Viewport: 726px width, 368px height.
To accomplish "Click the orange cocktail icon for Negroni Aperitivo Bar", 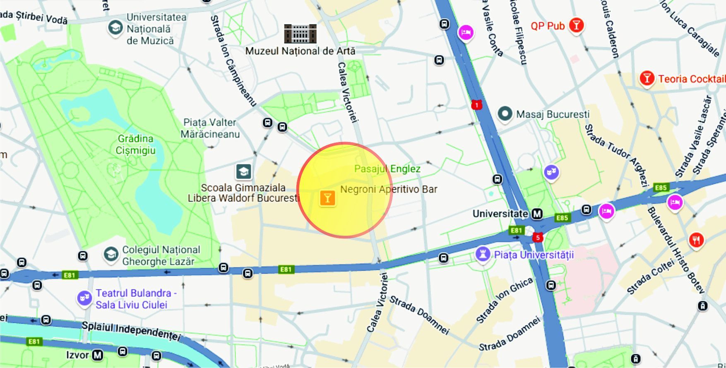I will coord(327,198).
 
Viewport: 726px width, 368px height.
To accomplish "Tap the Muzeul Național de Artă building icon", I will coord(300,34).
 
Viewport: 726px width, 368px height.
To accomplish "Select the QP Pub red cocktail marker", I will coord(576,25).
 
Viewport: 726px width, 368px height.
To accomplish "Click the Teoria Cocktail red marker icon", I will coord(647,78).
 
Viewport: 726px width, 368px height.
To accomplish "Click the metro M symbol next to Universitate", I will coord(537,214).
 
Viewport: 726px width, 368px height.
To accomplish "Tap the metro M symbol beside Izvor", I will coord(97,355).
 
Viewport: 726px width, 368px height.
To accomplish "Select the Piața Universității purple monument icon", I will coord(483,254).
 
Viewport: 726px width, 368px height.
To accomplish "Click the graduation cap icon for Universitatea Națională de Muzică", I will coord(115,28).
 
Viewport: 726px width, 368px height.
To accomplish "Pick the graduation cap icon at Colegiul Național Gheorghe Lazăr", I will coord(111,254).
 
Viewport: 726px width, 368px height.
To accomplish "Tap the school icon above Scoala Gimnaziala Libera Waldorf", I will coord(244,171).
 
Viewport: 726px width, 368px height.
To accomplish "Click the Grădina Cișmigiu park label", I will coord(135,144).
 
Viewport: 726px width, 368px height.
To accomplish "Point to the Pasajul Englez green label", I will coord(387,168).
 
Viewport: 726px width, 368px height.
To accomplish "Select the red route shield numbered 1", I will coord(476,105).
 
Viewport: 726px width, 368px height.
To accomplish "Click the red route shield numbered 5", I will coord(537,238).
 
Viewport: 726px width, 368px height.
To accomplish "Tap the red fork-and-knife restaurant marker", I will coord(696,240).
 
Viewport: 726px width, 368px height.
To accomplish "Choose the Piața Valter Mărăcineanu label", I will coord(210,128).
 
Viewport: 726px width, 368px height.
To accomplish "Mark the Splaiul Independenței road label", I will coord(131,330).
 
